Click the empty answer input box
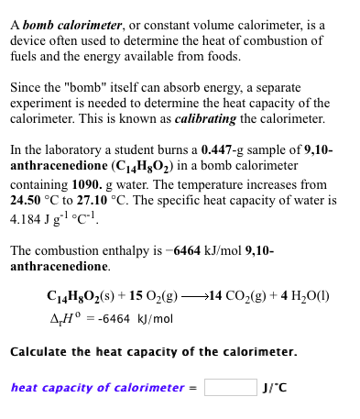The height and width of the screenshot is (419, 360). pyautogui.click(x=230, y=388)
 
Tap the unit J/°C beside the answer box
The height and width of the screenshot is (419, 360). pyautogui.click(x=275, y=388)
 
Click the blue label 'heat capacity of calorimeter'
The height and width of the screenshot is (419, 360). pyautogui.click(x=98, y=388)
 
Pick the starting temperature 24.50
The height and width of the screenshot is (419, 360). pyautogui.click(x=26, y=200)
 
